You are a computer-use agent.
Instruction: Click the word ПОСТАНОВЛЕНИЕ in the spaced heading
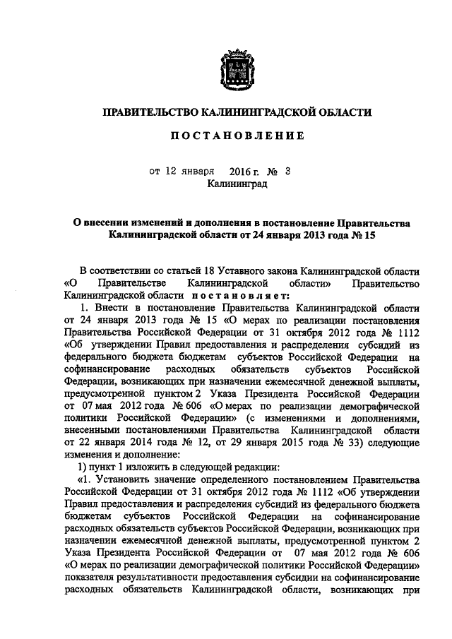click(236, 136)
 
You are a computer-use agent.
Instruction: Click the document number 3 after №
click(287, 171)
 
